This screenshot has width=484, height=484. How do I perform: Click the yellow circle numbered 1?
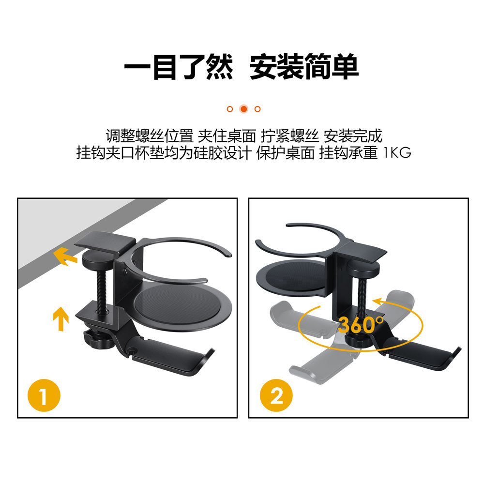tap(44, 395)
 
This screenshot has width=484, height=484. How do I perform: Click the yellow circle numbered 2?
tap(276, 395)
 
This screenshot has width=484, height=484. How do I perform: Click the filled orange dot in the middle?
tap(243, 109)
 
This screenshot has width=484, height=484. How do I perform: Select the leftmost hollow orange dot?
tap(229, 109)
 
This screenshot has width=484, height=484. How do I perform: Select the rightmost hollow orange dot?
tap(257, 109)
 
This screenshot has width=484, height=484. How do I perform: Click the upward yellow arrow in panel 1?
tap(61, 318)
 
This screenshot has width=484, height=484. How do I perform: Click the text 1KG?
tap(397, 152)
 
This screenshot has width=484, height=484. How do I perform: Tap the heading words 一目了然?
tap(179, 67)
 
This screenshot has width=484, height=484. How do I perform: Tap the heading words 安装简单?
tap(304, 67)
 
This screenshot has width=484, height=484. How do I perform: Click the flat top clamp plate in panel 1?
tap(105, 243)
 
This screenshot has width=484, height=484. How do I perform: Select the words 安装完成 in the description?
tap(353, 136)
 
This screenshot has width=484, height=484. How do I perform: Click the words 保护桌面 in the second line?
tap(286, 152)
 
